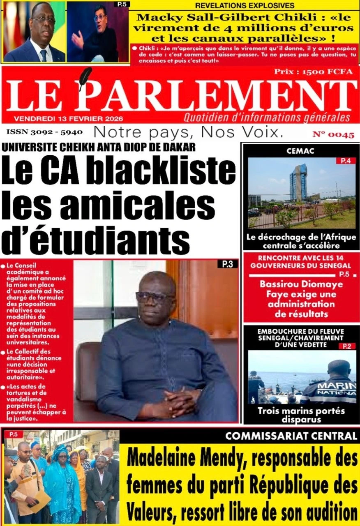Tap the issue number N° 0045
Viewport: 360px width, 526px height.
tap(333, 135)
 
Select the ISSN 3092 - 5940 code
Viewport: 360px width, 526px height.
tap(44, 133)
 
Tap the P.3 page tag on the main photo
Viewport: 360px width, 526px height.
tap(227, 265)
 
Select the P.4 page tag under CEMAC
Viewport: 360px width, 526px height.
tap(346, 161)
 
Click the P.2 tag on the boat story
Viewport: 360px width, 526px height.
tap(346, 346)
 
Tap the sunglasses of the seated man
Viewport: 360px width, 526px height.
tap(155, 297)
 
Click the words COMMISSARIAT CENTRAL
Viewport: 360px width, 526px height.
tap(291, 436)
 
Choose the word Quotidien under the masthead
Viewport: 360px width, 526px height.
tap(205, 118)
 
